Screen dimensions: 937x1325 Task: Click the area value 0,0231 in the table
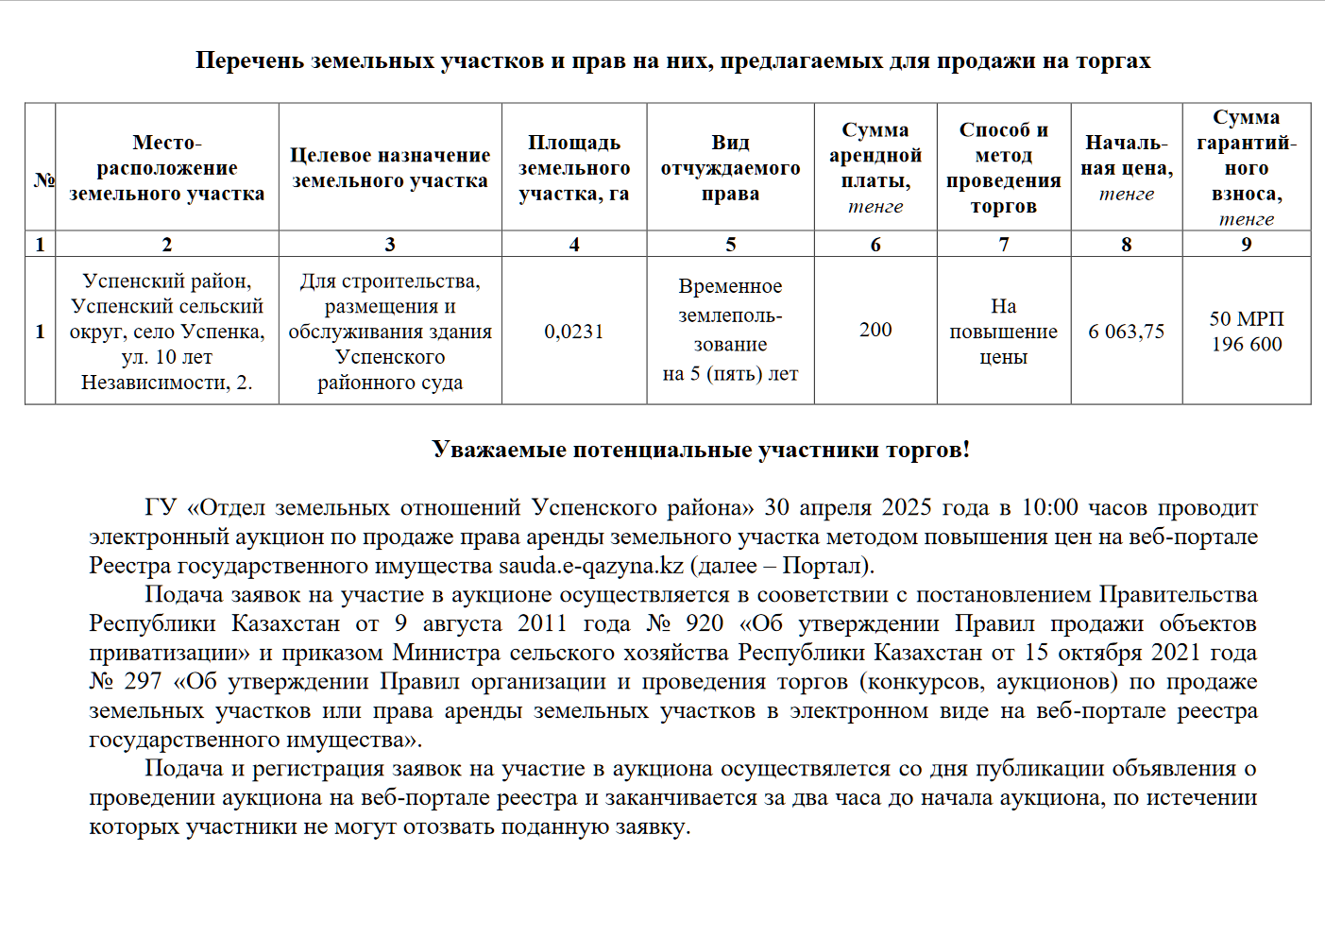573,332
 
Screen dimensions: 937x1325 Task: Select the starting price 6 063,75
1126,332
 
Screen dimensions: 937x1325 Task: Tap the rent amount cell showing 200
875,330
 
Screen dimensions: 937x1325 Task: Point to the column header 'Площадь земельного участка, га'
573,168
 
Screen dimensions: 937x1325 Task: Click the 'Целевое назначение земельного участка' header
389,168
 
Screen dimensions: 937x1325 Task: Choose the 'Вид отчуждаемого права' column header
730,168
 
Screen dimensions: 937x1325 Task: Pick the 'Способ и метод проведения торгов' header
1003,168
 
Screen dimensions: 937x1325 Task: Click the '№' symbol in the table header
43,179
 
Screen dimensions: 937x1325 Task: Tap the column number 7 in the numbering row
1003,245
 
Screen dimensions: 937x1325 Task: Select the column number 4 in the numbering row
573,245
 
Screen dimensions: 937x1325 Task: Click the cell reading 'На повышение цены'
1003,332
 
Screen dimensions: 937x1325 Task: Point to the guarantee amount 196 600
1247,345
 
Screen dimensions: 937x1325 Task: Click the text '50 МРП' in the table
1247,319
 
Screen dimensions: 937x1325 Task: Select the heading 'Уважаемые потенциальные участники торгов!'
701,450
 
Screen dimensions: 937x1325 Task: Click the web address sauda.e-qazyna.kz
591,566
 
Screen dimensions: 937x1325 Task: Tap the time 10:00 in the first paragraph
1049,507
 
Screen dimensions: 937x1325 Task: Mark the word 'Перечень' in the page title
249,61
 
